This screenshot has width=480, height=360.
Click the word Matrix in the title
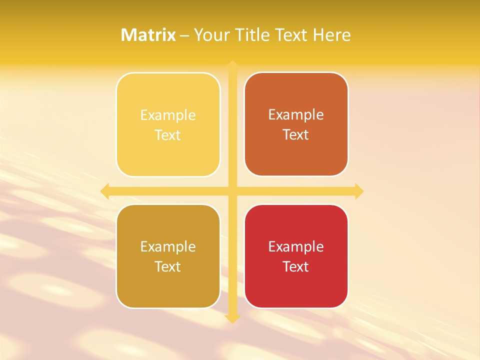[148, 35]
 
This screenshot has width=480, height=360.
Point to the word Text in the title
[291, 35]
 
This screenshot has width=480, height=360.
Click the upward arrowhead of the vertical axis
[232, 64]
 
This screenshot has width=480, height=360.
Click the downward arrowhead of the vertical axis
[232, 318]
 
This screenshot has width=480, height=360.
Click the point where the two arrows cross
[232, 191]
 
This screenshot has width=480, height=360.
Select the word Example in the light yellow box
[168, 115]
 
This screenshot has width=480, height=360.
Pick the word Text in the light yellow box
[168, 135]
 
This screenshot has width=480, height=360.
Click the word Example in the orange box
[296, 115]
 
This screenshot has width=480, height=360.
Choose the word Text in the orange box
[296, 134]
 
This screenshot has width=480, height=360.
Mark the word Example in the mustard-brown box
[168, 247]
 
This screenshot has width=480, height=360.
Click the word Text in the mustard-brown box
[168, 266]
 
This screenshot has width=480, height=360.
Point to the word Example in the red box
[296, 247]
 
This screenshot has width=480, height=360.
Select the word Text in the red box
[296, 266]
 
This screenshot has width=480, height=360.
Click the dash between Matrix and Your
[184, 36]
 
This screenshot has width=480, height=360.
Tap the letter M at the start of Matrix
[128, 35]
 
